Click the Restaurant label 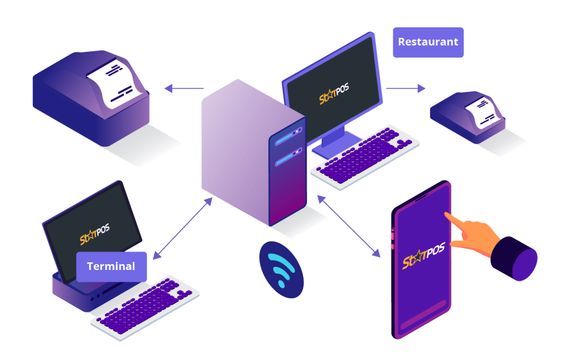click(x=428, y=42)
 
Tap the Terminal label click(x=111, y=266)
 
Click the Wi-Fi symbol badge click(x=281, y=270)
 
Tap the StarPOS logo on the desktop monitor click(x=334, y=94)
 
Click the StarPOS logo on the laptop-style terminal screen click(x=95, y=234)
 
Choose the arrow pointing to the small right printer click(x=405, y=88)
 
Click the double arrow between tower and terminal click(x=183, y=228)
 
